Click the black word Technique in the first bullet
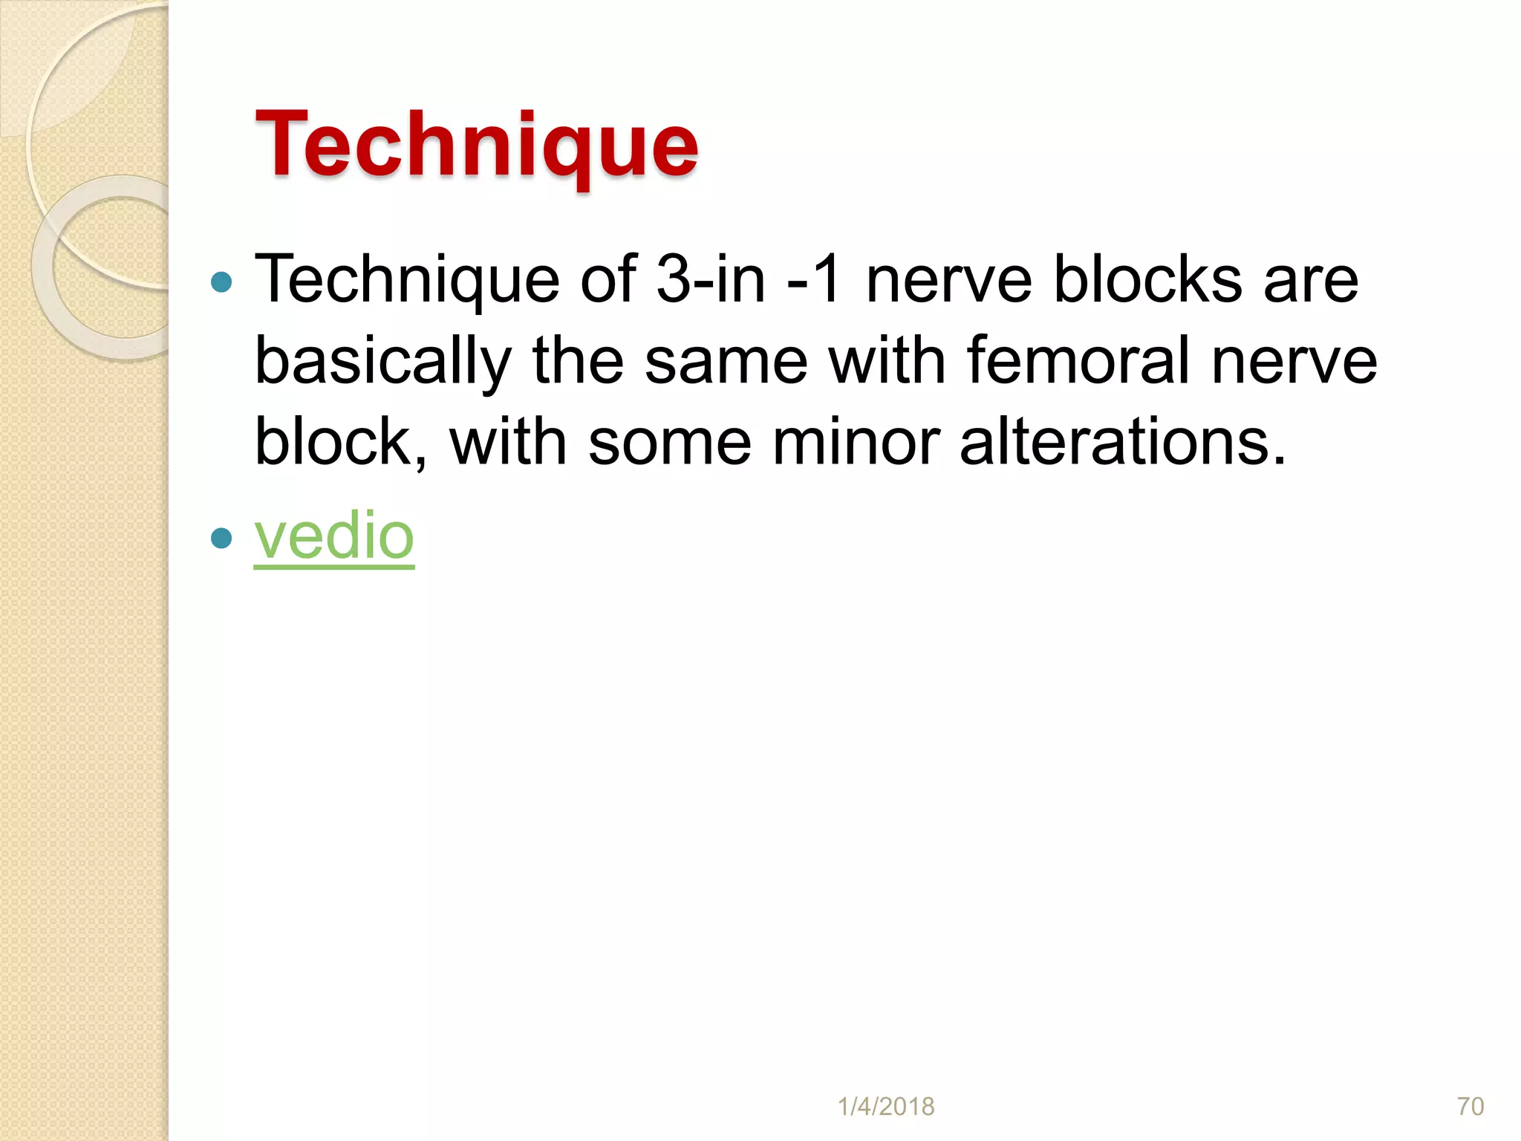(406, 280)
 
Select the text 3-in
(710, 280)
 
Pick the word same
(726, 362)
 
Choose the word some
(669, 443)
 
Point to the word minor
(856, 443)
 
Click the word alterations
(1122, 443)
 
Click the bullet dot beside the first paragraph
(221, 282)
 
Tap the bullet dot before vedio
(221, 537)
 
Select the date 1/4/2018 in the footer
(886, 1106)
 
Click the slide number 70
(1470, 1106)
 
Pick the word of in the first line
(608, 280)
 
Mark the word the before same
(578, 362)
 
